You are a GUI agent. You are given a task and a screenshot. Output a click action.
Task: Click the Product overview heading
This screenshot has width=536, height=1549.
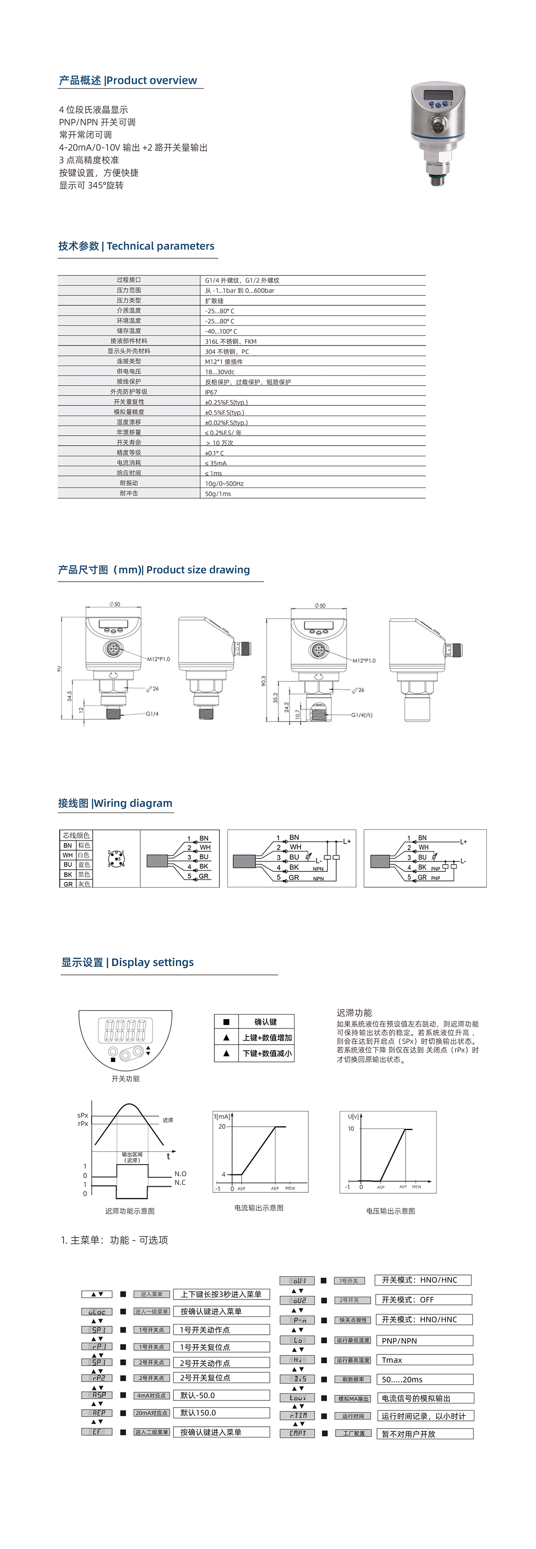tap(128, 81)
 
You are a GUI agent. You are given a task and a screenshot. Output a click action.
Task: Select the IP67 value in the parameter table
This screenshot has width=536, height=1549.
tap(211, 392)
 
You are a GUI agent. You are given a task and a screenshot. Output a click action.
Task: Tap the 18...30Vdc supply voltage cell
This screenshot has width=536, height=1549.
tap(220, 371)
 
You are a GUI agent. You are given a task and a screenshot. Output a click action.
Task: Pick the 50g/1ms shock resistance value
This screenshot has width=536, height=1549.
tap(218, 494)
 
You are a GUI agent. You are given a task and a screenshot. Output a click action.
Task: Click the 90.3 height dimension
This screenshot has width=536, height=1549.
tap(264, 681)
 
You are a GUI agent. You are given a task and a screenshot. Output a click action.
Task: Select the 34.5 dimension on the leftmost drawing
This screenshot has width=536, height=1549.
tap(70, 696)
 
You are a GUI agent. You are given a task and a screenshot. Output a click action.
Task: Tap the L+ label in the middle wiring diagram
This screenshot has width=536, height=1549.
tap(347, 841)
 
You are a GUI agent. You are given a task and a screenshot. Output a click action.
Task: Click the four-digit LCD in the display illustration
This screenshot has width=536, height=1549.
tap(125, 1031)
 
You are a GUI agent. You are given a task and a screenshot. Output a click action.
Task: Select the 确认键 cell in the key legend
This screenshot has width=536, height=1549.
tap(265, 1022)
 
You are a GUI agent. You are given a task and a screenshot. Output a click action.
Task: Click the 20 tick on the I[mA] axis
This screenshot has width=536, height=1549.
tap(222, 1126)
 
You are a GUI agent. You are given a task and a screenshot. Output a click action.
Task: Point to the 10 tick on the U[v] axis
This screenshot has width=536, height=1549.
tap(352, 1128)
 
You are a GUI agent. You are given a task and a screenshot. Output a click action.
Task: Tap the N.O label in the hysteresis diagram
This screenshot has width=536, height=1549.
tap(180, 1173)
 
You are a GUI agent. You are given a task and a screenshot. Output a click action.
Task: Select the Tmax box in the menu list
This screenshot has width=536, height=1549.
tap(424, 1360)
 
